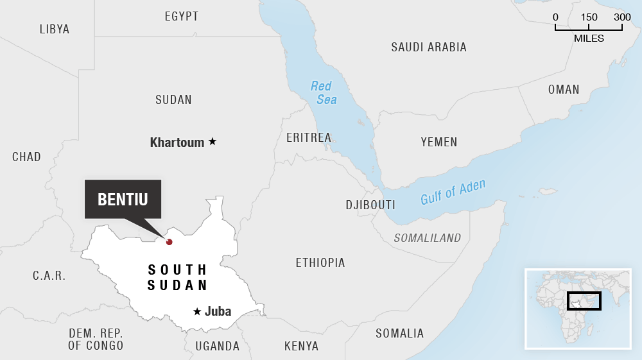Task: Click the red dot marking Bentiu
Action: (169, 242)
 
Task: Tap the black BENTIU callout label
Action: (123, 199)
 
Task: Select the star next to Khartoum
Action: (213, 142)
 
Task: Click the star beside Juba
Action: (197, 312)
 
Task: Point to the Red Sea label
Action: (324, 92)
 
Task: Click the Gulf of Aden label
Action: (453, 192)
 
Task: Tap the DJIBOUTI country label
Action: (370, 205)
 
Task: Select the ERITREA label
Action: (309, 137)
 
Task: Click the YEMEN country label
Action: (439, 142)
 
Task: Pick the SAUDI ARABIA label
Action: (429, 47)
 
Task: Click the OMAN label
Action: (564, 90)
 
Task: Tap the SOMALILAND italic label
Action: (428, 238)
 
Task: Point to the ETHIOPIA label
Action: (320, 262)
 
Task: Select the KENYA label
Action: (301, 347)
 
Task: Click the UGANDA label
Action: (218, 347)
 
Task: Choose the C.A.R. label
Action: (49, 276)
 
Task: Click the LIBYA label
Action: (55, 29)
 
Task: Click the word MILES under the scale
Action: (589, 39)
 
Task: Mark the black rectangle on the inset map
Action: (584, 300)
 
